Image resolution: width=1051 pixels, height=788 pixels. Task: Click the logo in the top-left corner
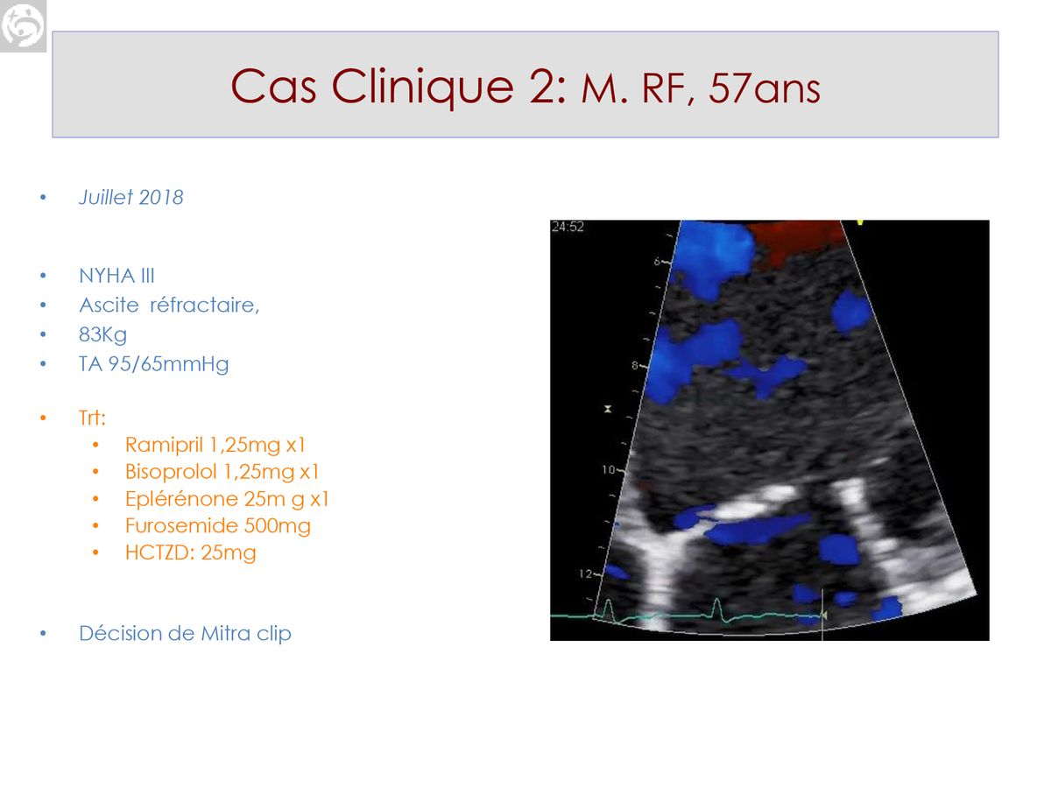click(23, 26)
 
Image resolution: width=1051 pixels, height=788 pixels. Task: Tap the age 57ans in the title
click(765, 89)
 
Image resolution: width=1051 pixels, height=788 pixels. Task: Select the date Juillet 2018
click(130, 197)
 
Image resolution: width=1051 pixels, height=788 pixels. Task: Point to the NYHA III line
click(116, 276)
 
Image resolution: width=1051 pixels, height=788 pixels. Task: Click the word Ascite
click(109, 305)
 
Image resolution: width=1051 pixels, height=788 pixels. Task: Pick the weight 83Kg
click(103, 335)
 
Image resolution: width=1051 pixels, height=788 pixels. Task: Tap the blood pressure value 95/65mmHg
click(168, 364)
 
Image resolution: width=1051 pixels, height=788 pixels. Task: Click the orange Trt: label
click(92, 418)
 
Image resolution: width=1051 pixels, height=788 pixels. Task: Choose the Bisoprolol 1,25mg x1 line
click(222, 472)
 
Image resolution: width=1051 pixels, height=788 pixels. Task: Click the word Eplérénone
click(181, 498)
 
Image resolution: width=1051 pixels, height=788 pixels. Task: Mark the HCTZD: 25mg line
click(191, 552)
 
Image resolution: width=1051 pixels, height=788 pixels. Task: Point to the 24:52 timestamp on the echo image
click(568, 227)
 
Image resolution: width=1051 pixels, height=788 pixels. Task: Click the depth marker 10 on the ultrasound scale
click(608, 470)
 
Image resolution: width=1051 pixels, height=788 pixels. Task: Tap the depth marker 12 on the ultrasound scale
click(586, 573)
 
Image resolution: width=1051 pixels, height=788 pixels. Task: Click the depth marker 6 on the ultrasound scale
click(658, 261)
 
